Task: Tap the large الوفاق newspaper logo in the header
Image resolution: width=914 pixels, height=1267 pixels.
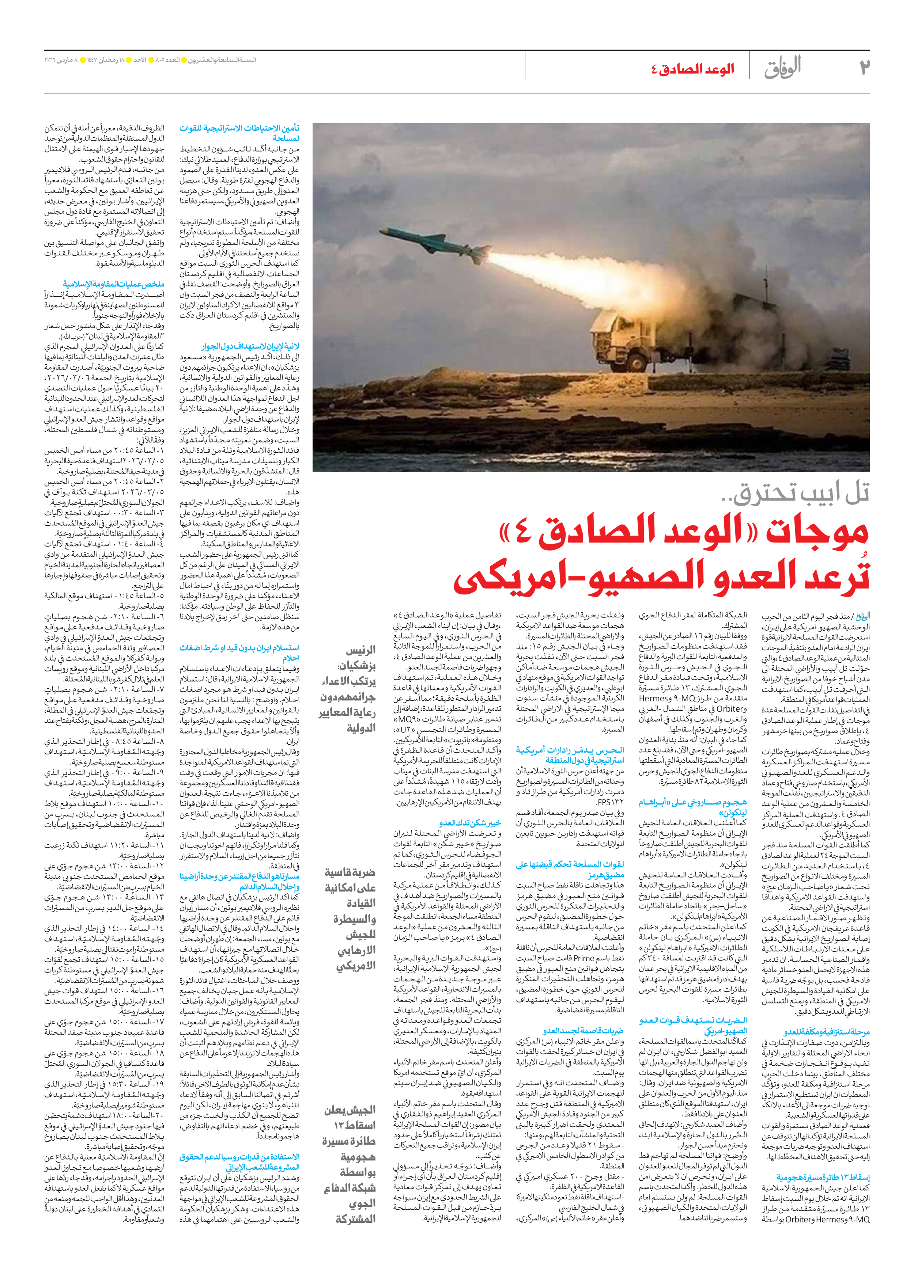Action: coord(783,68)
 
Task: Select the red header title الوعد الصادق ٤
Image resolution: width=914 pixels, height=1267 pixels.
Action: coord(692,69)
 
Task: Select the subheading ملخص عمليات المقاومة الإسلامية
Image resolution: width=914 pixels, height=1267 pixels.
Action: coord(113,284)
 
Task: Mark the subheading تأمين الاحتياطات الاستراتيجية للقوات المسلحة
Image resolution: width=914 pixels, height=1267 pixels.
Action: coord(239,133)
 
